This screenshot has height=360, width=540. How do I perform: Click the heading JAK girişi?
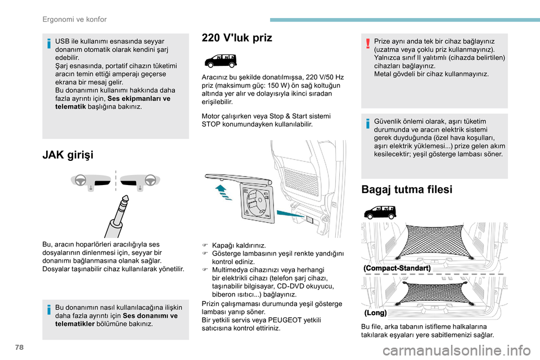pyautogui.click(x=68, y=154)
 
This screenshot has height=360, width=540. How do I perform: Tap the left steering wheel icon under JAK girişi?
pyautogui.click(x=81, y=180)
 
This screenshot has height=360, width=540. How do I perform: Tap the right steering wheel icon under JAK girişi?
pyautogui.click(x=150, y=180)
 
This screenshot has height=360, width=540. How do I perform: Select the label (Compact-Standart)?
pyautogui.click(x=398, y=268)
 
